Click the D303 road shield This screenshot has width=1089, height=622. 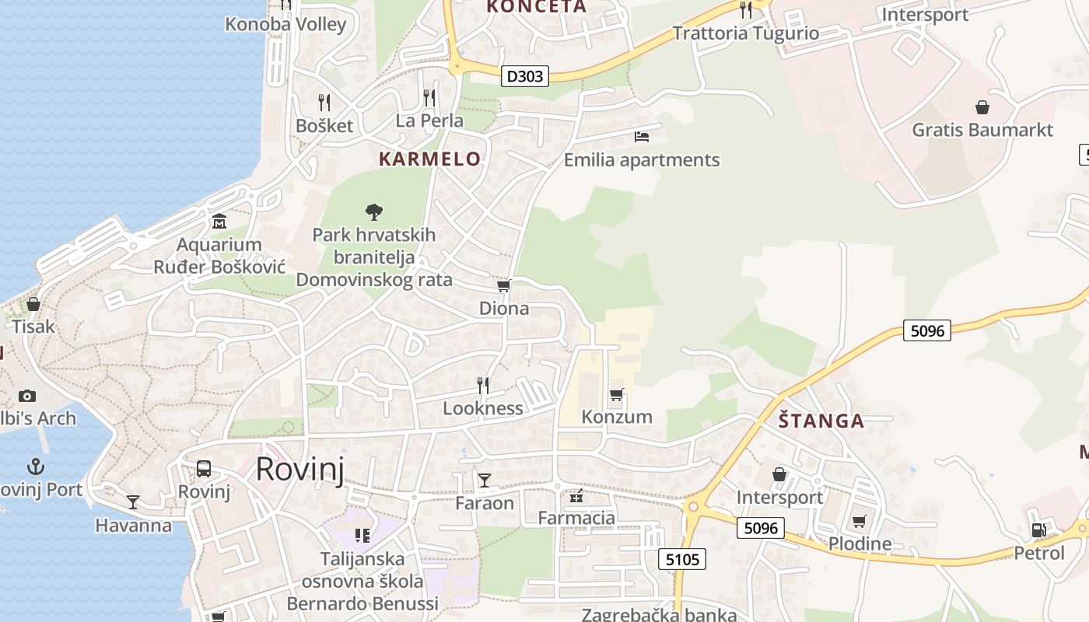526,76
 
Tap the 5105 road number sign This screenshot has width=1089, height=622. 682,558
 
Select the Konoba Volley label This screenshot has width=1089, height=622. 285,24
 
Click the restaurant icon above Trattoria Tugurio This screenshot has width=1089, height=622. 746,9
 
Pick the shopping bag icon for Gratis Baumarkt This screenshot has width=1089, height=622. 982,107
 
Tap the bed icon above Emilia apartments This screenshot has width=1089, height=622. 641,137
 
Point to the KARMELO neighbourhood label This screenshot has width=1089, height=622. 429,159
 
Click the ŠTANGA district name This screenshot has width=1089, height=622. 821,421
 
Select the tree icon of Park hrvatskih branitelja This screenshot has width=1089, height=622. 374,211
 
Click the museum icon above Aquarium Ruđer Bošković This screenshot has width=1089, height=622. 219,222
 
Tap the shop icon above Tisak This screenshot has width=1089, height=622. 33,304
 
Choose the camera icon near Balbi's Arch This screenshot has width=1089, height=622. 27,397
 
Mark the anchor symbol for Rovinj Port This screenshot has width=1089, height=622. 35,466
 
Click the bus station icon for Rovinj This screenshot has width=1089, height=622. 204,469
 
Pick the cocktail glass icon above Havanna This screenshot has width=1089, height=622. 133,502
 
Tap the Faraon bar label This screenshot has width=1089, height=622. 485,503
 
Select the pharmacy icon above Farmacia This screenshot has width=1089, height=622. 576,495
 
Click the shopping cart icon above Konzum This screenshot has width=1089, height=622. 617,395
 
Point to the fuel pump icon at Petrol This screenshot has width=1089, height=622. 1038,530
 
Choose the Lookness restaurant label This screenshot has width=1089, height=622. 483,408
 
